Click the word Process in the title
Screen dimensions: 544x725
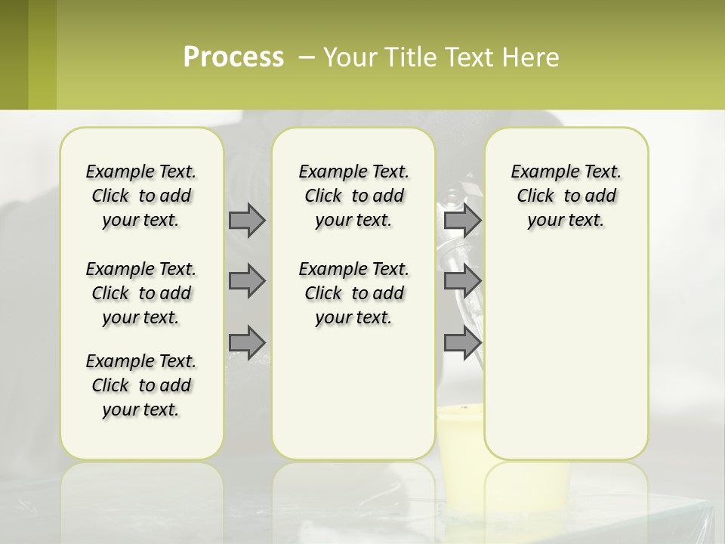click(233, 57)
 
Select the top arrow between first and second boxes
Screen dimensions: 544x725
click(247, 220)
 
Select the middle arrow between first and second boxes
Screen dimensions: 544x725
click(247, 281)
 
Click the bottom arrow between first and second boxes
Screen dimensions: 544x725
click(247, 342)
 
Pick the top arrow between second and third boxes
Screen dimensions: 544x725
click(462, 220)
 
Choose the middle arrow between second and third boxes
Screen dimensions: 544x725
click(462, 281)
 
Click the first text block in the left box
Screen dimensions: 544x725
click(141, 196)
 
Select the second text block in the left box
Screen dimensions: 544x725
click(141, 293)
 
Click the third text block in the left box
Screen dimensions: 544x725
click(141, 385)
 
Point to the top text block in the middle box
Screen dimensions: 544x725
click(353, 196)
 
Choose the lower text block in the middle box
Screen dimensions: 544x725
click(353, 293)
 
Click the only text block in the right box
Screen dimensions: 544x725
click(566, 196)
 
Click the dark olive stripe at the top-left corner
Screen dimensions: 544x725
click(14, 54)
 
